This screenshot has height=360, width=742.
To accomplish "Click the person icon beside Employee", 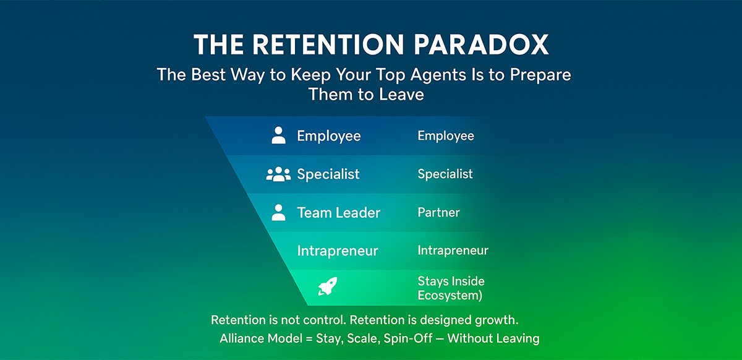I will [x=279, y=135].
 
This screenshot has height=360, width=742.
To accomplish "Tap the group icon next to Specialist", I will [x=278, y=174].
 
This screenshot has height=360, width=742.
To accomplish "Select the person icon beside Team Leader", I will [x=279, y=213].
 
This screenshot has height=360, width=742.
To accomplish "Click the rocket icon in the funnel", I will [x=327, y=286].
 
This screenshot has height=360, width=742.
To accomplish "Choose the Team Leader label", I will [x=338, y=213].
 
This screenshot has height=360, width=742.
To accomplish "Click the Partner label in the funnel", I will [x=438, y=213].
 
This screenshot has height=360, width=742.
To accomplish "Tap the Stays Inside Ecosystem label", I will [x=450, y=288].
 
